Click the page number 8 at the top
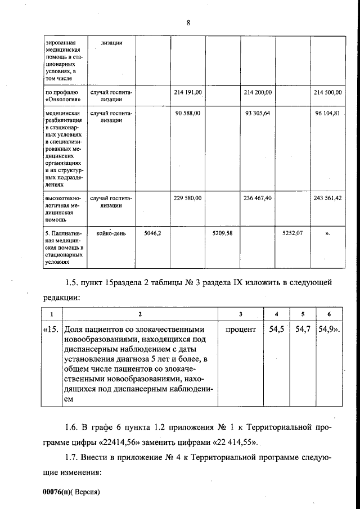[188, 23]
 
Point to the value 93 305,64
[258, 113]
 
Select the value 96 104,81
[328, 113]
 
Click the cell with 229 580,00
[187, 198]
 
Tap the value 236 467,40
[258, 198]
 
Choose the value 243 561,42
[328, 198]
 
